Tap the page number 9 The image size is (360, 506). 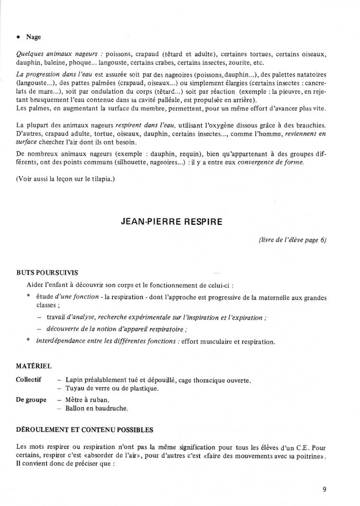(324, 489)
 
